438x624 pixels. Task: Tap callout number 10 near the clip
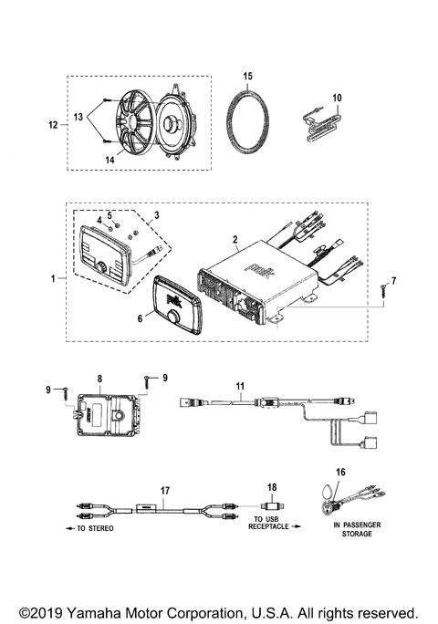(x=337, y=97)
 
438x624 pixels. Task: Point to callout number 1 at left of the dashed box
(x=52, y=276)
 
